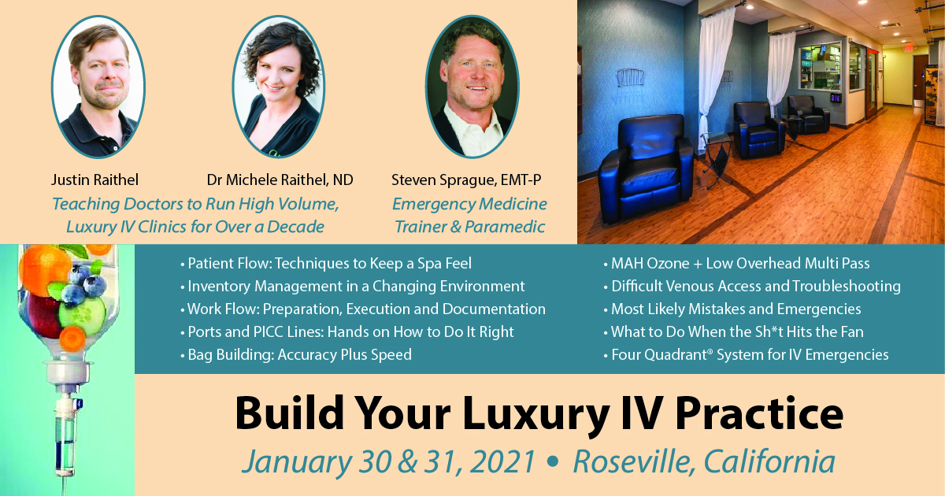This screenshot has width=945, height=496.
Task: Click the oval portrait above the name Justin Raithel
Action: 98,87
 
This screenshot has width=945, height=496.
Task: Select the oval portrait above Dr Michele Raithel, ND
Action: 279,87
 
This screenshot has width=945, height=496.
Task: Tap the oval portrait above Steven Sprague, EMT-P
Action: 472,87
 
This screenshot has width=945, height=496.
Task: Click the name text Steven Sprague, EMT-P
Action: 466,180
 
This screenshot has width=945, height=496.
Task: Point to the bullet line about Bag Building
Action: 296,355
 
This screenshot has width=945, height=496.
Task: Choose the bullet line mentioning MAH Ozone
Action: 736,264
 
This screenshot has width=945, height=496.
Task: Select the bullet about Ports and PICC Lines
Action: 346,332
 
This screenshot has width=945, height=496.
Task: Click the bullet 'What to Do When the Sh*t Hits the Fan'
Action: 734,332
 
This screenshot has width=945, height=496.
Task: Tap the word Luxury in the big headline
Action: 535,414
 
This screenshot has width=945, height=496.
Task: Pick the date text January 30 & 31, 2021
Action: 388,462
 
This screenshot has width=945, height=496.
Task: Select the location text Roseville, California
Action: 704,461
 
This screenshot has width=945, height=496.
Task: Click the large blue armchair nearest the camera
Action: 647,168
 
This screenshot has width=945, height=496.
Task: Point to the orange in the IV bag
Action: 44,267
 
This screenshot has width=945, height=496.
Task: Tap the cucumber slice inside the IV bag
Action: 82,316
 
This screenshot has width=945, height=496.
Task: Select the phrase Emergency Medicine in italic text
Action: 469,204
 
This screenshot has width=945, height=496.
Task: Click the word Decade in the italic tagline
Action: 295,227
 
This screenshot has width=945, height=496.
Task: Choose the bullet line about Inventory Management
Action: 352,287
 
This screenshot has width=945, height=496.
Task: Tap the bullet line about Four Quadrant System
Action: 746,355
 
